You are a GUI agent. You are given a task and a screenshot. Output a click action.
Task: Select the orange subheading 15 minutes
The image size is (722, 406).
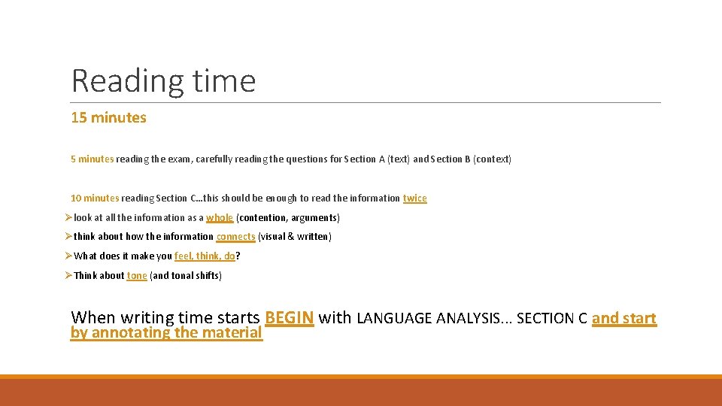(108, 118)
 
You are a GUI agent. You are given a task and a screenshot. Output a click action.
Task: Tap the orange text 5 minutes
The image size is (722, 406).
(92, 159)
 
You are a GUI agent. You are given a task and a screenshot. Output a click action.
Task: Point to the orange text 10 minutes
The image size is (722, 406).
(94, 198)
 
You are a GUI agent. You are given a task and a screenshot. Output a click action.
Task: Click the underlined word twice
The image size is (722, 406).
(414, 198)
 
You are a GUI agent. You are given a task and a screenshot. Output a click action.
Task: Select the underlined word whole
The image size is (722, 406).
(220, 218)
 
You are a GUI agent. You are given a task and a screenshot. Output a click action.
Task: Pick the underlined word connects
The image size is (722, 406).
(235, 237)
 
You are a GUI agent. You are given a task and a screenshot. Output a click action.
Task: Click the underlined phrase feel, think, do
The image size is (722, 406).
(205, 256)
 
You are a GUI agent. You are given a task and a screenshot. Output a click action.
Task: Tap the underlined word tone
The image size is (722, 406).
(137, 276)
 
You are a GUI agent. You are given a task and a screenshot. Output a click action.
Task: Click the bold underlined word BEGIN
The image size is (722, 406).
(289, 318)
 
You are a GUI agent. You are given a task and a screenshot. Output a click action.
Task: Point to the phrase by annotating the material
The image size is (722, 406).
(166, 332)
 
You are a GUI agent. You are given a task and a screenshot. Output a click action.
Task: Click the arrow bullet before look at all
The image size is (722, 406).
(68, 218)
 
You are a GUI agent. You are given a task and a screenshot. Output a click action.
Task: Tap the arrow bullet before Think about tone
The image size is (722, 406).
(68, 276)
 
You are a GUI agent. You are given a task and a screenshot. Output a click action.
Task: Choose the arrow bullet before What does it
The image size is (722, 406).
(68, 256)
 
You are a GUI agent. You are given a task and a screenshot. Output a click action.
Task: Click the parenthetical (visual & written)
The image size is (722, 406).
(294, 237)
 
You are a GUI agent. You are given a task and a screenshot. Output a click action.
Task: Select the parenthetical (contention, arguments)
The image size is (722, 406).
(288, 218)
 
